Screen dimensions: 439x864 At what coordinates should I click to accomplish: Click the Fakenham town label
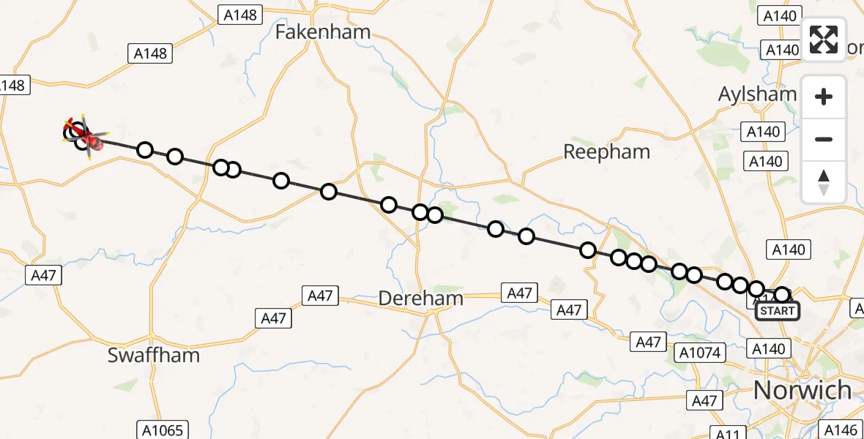click(x=323, y=31)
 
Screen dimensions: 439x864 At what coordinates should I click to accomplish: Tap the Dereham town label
click(x=420, y=299)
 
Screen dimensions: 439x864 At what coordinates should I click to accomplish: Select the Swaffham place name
click(x=153, y=356)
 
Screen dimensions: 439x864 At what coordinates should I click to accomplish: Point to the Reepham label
click(x=606, y=151)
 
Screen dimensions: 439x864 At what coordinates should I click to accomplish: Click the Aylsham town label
click(x=757, y=94)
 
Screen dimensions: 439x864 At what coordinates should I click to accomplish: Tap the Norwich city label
click(x=802, y=390)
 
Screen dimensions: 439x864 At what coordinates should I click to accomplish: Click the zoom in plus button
click(x=824, y=97)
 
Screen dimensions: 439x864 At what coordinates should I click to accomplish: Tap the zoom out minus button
click(x=824, y=139)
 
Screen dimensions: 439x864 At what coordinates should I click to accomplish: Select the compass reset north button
click(x=824, y=182)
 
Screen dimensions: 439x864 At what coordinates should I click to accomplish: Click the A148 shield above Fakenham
click(x=239, y=15)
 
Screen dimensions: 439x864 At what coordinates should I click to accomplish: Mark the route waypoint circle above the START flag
click(x=783, y=295)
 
